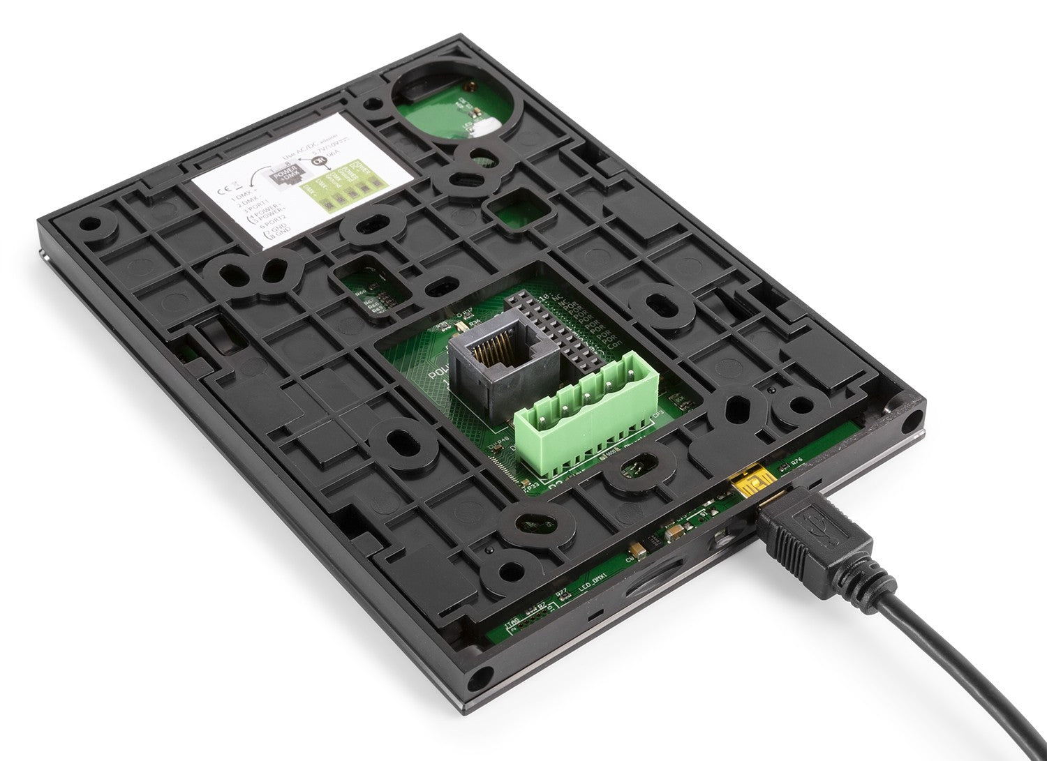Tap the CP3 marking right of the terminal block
(658, 414)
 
